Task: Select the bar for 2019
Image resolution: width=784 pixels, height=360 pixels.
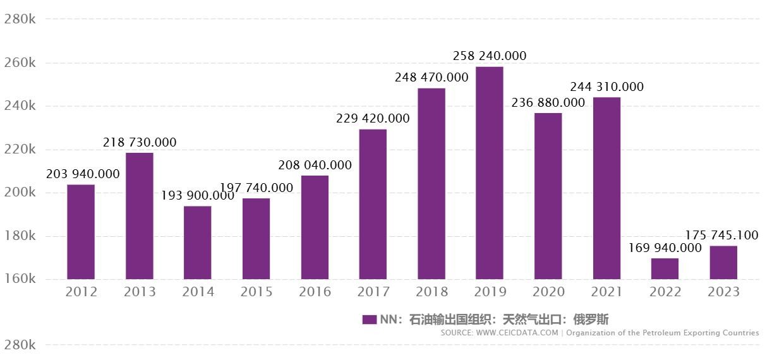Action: click(x=490, y=173)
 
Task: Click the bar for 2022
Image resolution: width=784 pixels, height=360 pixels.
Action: click(x=665, y=268)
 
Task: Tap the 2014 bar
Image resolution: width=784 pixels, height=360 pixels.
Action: click(x=197, y=243)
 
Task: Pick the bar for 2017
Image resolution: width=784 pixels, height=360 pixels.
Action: click(x=373, y=204)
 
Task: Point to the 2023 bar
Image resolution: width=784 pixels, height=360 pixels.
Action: click(x=723, y=262)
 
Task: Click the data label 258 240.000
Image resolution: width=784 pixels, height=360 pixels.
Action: click(x=490, y=56)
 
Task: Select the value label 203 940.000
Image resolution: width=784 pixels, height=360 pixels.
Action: click(x=83, y=174)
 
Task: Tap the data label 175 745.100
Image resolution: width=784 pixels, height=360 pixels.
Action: click(x=721, y=236)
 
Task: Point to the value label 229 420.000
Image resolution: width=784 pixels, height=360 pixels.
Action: click(x=373, y=119)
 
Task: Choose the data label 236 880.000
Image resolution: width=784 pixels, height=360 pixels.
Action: click(x=548, y=103)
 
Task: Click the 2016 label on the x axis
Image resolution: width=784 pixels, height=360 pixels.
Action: click(x=315, y=292)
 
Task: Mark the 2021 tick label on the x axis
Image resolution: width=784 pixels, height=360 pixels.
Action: click(x=606, y=292)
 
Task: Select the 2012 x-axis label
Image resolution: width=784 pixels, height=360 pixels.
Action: click(x=81, y=292)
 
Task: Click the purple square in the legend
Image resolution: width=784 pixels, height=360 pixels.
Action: click(x=370, y=320)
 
